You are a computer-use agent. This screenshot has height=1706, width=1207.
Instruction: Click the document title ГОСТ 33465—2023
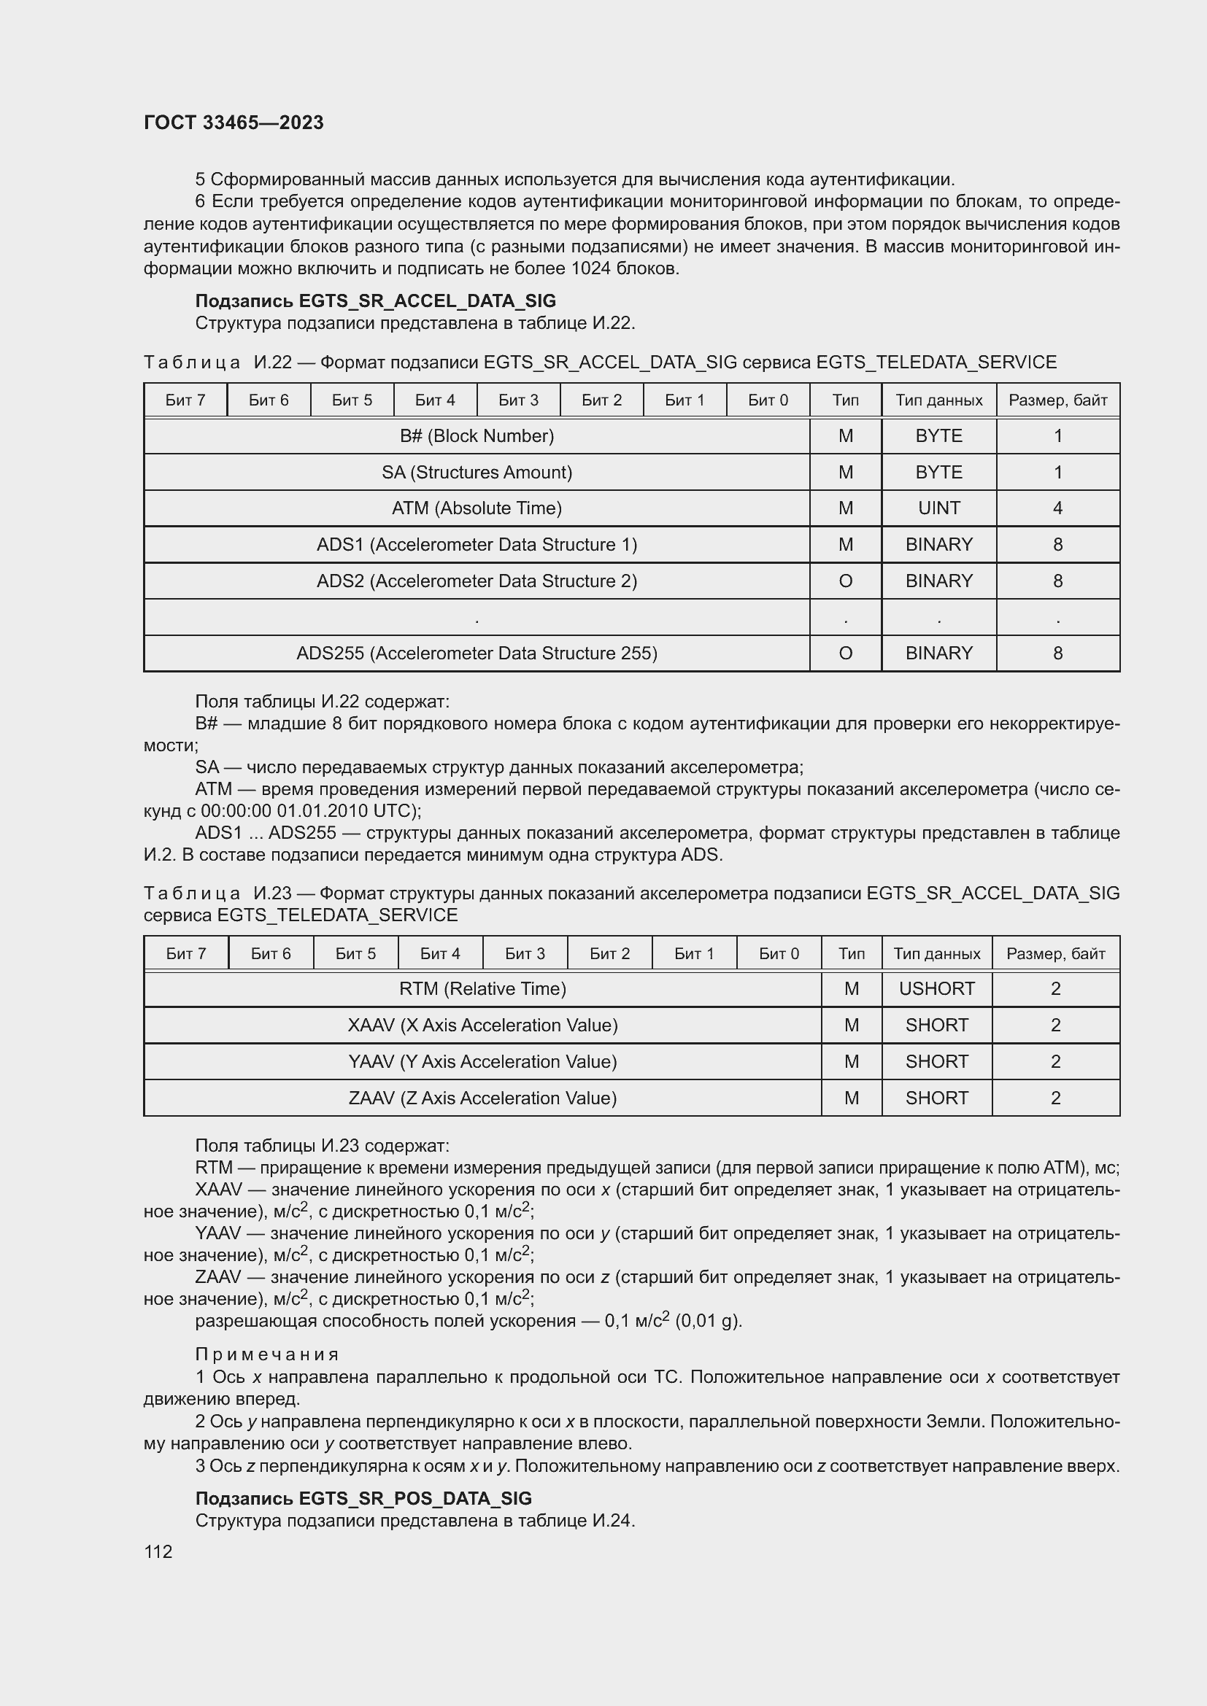[x=234, y=123]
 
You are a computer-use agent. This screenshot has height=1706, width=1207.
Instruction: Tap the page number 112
[x=158, y=1551]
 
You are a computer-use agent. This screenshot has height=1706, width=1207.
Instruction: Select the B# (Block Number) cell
[x=477, y=436]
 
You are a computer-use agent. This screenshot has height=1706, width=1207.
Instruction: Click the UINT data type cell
[x=938, y=508]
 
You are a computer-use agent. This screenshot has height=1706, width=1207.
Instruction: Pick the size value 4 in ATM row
[x=1057, y=508]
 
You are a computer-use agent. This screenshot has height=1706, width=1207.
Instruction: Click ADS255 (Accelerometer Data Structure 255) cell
[x=477, y=653]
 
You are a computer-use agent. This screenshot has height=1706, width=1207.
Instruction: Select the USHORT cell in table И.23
[x=936, y=989]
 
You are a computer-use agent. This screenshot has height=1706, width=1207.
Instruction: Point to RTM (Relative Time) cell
[x=482, y=989]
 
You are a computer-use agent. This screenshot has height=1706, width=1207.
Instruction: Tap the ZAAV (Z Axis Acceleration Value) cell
[x=482, y=1098]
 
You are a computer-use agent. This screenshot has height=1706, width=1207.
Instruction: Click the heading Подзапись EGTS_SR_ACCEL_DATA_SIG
[x=375, y=301]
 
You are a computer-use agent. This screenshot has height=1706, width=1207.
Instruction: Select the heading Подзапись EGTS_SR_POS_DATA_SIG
[x=363, y=1498]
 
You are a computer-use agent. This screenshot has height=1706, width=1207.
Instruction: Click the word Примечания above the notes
[x=267, y=1354]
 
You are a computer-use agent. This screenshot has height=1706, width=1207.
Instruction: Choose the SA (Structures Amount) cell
[x=477, y=473]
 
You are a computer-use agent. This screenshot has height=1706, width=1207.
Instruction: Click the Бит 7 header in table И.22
[x=185, y=400]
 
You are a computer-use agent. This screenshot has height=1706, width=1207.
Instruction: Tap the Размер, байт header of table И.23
[x=1055, y=953]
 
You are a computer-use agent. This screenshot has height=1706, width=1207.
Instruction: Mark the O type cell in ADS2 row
[x=845, y=581]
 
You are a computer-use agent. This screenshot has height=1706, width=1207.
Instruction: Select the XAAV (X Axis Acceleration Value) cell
[x=482, y=1025]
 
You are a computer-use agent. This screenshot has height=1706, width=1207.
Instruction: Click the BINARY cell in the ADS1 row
[x=938, y=545]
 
